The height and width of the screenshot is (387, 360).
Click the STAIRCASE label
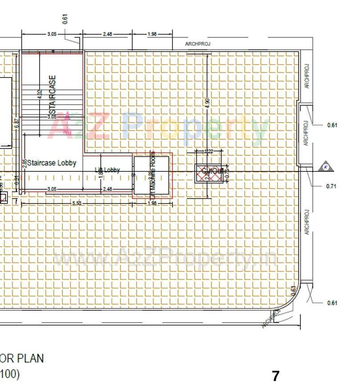(x=53, y=95)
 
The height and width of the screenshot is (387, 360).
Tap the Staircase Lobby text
(x=52, y=163)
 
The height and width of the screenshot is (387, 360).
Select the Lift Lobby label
(x=108, y=170)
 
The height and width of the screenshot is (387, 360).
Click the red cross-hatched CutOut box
(x=209, y=173)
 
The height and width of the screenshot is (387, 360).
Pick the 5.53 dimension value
(x=77, y=203)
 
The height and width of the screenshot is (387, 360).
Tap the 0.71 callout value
(x=331, y=186)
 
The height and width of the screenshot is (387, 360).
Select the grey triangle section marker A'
(x=326, y=167)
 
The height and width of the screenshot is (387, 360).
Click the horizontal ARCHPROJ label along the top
(x=198, y=44)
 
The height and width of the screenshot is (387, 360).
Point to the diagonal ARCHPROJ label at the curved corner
(x=270, y=319)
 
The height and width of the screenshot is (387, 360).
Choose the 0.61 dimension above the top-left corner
(x=65, y=19)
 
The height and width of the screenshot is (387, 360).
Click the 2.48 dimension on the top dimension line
(x=107, y=34)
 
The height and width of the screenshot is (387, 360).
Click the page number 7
(x=276, y=376)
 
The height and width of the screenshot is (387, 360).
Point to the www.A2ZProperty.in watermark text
(x=165, y=259)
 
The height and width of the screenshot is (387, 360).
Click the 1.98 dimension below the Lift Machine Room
(x=152, y=203)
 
